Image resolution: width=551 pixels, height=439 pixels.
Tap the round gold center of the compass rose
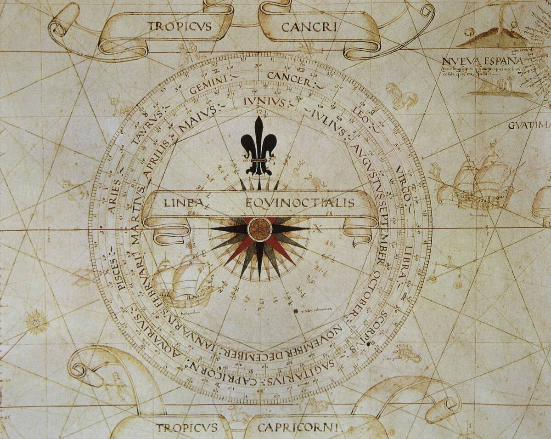tap(259, 228)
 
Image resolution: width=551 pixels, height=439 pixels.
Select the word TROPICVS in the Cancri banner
tap(180, 26)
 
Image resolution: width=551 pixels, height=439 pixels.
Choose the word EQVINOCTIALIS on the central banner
tap(300, 203)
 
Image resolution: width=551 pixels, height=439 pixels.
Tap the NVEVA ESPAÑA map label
tap(482, 62)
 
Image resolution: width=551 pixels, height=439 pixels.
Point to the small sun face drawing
tap(37, 320)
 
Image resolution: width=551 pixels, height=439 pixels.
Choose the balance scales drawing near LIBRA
tap(448, 274)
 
